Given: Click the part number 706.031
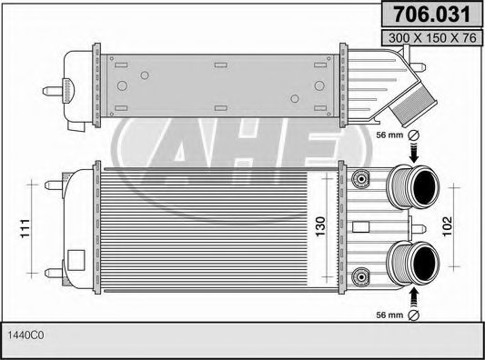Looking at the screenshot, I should [430, 15].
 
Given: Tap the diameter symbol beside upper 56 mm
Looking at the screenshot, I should [415, 135].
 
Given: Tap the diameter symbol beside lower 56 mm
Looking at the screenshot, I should [415, 315].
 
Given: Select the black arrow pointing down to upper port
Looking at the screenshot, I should [415, 154].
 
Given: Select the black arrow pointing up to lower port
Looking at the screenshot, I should [415, 295].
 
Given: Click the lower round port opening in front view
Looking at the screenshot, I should [423, 263].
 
